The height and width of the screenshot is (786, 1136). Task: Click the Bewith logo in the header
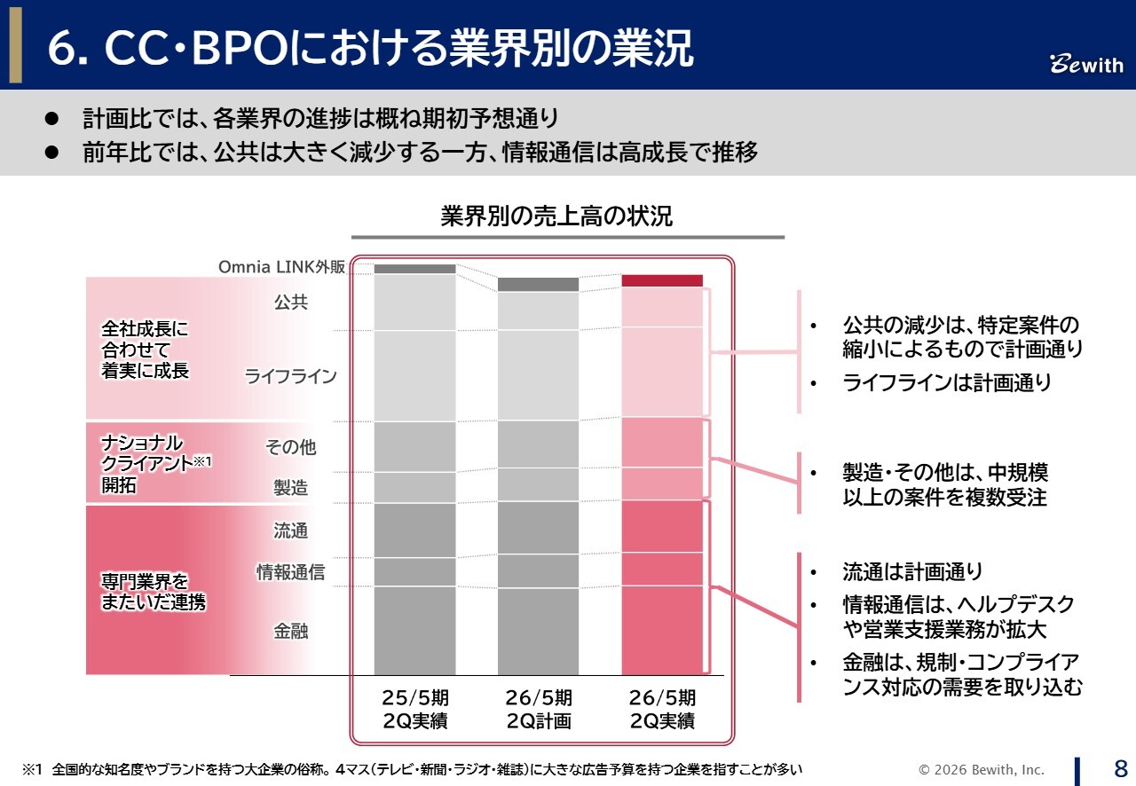point(1086,65)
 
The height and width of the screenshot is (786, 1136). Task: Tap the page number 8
point(1120,767)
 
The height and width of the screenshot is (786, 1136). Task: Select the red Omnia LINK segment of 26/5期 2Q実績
point(661,280)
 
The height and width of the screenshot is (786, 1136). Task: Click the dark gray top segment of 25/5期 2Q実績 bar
point(414,269)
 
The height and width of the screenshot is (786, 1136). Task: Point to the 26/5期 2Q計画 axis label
point(539,709)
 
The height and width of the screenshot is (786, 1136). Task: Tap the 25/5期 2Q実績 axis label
point(415,709)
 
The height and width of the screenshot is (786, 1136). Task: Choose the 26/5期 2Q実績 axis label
point(662,709)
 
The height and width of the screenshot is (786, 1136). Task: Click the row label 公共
point(290,303)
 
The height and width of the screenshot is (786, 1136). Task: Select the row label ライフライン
point(290,376)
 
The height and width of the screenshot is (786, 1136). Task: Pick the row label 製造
point(290,487)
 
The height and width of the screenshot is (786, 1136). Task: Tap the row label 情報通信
point(290,572)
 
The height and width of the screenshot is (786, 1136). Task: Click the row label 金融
point(290,632)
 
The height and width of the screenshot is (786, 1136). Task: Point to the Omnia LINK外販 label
point(281,267)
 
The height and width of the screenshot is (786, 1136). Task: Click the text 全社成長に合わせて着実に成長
point(146,350)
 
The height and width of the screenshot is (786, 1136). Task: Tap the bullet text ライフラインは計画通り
point(947,383)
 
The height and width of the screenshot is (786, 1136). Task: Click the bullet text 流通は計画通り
point(912,571)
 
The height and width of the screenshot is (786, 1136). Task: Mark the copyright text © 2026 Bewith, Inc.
point(982,769)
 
